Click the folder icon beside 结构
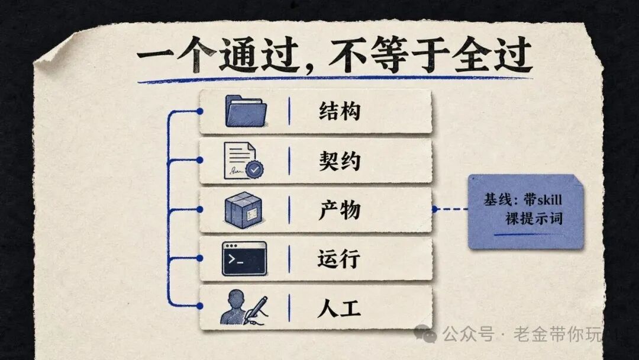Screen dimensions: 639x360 (x=246, y=111)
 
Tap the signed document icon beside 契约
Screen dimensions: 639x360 (x=244, y=160)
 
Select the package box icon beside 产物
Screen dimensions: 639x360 (x=244, y=210)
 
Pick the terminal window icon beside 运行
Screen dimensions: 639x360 (x=244, y=259)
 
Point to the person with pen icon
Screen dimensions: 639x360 (x=244, y=307)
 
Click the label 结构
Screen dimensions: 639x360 (x=340, y=111)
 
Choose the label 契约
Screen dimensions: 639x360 (x=340, y=160)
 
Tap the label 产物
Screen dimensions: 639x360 (x=340, y=210)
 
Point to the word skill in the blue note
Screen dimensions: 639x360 (x=550, y=200)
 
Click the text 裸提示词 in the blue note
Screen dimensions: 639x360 (x=534, y=218)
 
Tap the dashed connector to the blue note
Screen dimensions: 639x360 (x=451, y=209)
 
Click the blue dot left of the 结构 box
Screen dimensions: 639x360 (x=200, y=111)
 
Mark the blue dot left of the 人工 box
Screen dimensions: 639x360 (x=200, y=306)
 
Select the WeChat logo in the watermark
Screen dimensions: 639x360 (x=425, y=334)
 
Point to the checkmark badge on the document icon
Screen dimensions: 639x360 (x=254, y=169)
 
